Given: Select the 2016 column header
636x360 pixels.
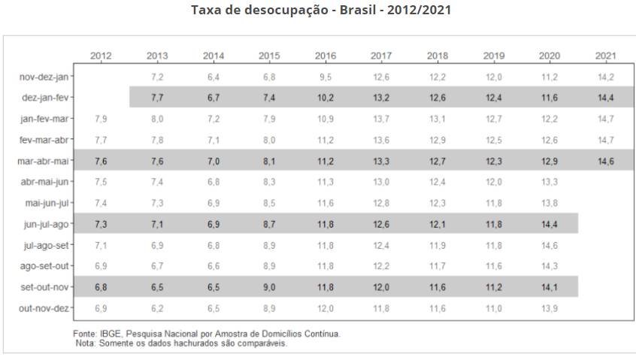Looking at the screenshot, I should click(x=326, y=56).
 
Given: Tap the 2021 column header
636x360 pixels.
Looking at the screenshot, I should click(x=606, y=56).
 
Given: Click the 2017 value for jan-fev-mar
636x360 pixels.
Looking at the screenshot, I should click(x=381, y=119).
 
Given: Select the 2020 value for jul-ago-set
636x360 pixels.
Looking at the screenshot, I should click(x=550, y=245).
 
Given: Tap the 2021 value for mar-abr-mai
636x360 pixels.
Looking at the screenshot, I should click(x=606, y=161).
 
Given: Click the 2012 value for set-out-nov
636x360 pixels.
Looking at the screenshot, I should click(x=101, y=287).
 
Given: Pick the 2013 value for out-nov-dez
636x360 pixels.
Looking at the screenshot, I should click(x=157, y=308).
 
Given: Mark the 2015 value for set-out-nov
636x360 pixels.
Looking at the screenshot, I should click(x=269, y=287).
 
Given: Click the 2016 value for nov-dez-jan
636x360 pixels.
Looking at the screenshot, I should click(x=326, y=77).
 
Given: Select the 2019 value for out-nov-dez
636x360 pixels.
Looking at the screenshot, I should click(x=493, y=308).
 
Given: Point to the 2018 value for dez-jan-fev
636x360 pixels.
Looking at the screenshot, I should click(x=438, y=98).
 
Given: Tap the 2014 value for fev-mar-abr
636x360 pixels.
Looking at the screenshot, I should click(x=214, y=140).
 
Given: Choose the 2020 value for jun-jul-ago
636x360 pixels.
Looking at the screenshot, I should click(x=550, y=224).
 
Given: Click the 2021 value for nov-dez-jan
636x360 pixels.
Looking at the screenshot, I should click(x=606, y=77).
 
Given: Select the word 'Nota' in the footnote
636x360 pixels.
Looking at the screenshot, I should click(x=86, y=343).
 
